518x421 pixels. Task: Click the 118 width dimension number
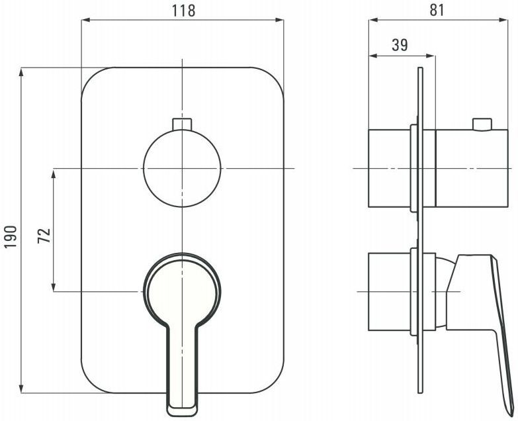(183, 11)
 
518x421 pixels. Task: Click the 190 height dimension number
(10, 237)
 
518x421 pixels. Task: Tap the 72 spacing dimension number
(44, 236)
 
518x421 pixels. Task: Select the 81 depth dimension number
(437, 10)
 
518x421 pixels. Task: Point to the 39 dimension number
(400, 45)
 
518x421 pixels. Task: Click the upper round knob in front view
(182, 169)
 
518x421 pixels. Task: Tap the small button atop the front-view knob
(182, 124)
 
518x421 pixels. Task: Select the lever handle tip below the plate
(183, 406)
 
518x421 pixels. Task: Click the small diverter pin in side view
(482, 124)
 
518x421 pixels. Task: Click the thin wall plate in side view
(420, 230)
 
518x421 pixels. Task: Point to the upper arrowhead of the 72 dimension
(53, 173)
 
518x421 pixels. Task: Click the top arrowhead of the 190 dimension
(21, 72)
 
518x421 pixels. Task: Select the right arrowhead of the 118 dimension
(279, 20)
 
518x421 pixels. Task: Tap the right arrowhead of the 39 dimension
(431, 56)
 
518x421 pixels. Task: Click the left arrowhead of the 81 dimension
(373, 20)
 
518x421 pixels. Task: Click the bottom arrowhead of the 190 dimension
(21, 389)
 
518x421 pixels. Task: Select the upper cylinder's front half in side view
(472, 169)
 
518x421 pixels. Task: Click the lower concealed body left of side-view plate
(390, 292)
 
